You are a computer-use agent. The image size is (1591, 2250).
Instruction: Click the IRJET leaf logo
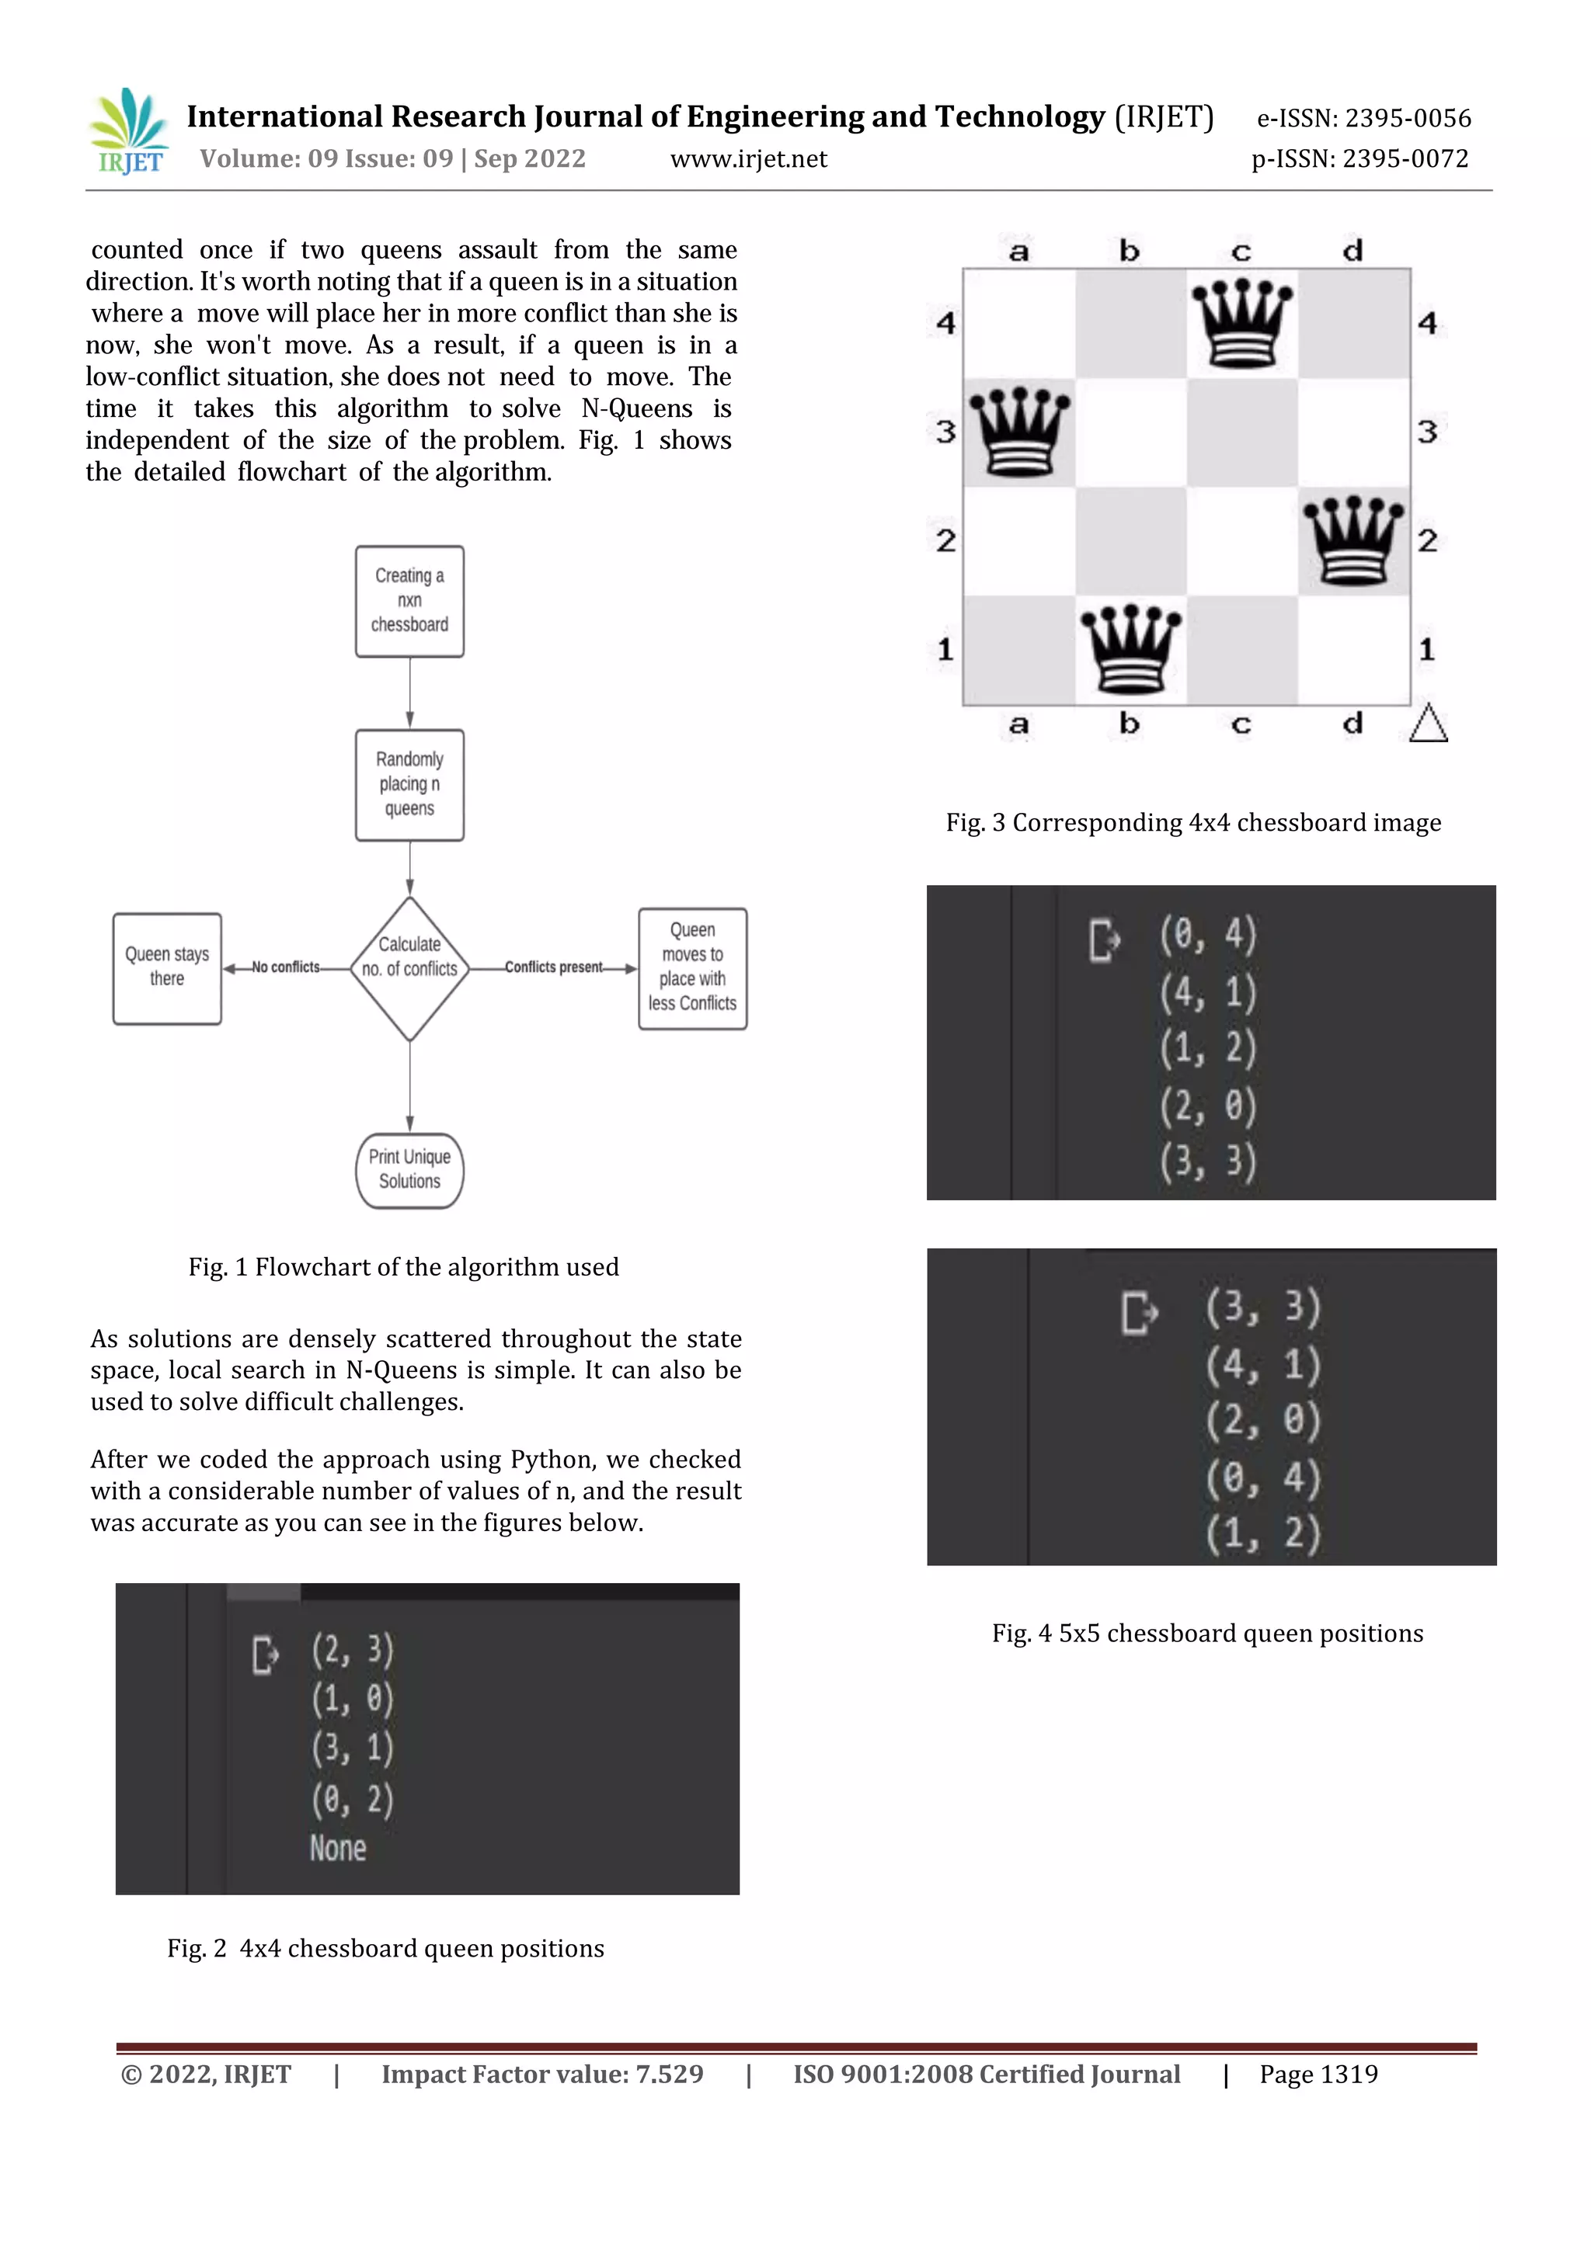click(x=128, y=130)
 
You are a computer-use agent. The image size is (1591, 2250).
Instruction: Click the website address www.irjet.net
click(x=748, y=158)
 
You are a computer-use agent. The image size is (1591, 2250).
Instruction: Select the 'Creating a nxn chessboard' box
click(x=409, y=601)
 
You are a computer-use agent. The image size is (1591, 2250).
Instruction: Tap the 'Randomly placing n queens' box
click(x=409, y=784)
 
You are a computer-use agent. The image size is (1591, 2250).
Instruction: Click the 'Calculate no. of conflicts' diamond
click(x=409, y=968)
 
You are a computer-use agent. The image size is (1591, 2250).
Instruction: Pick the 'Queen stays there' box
click(x=167, y=968)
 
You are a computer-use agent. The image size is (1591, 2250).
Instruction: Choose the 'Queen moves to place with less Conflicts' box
click(x=692, y=968)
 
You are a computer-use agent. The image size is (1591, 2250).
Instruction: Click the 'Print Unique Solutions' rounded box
click(x=409, y=1169)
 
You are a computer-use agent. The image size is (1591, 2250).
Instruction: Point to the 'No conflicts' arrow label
click(x=285, y=967)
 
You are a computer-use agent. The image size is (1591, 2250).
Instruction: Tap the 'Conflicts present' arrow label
click(x=554, y=967)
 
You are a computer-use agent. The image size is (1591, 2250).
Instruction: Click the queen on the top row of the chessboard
click(x=1241, y=322)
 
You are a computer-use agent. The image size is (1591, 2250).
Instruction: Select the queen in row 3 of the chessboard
click(x=1019, y=431)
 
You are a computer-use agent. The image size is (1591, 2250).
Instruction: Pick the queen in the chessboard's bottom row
click(x=1130, y=649)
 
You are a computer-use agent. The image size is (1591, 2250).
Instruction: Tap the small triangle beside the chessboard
click(x=1429, y=724)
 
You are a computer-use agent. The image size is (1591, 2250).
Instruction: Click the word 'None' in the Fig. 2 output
click(x=338, y=1848)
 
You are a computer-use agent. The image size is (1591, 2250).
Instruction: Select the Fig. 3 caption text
click(x=1193, y=822)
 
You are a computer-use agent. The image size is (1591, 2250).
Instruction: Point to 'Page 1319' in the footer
click(x=1318, y=2074)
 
